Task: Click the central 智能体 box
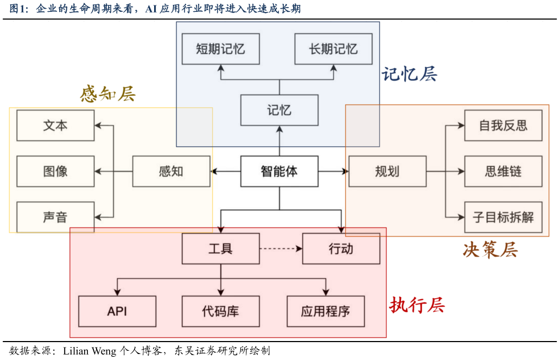click(x=279, y=171)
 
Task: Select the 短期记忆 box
click(x=220, y=49)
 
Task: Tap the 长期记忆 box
click(x=333, y=49)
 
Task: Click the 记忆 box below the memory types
click(x=279, y=111)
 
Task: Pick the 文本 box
click(x=55, y=125)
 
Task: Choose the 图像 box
click(x=55, y=171)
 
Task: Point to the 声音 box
click(x=55, y=217)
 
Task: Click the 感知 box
click(x=171, y=171)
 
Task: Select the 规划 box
click(x=387, y=171)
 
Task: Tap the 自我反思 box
click(x=503, y=125)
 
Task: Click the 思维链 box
click(x=503, y=171)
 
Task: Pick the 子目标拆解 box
click(x=503, y=217)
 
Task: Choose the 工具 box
click(x=220, y=249)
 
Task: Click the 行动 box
click(x=341, y=249)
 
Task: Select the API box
click(x=117, y=311)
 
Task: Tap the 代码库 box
click(x=220, y=311)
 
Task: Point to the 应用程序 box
click(x=326, y=311)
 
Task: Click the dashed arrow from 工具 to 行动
click(x=280, y=249)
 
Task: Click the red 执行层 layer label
click(x=417, y=305)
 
